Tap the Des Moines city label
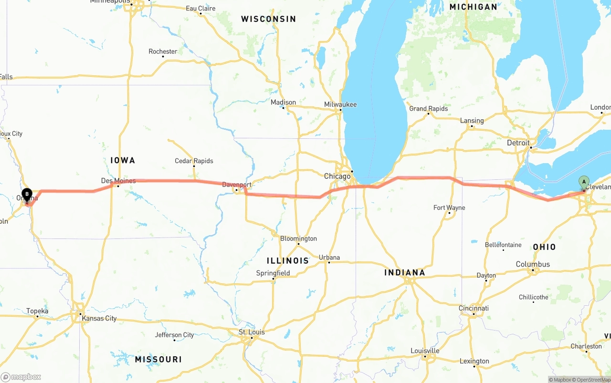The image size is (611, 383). point(118,181)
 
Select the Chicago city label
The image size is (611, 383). point(337,176)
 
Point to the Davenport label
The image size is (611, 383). point(237,185)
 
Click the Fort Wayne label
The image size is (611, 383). point(449,207)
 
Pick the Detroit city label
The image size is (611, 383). point(518,143)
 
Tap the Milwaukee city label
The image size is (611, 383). point(340,104)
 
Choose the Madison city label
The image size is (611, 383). point(283,102)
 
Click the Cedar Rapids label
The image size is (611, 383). point(194,161)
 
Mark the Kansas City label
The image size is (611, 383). point(99,318)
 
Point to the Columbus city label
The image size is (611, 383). point(533,264)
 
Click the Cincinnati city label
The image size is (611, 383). point(474,308)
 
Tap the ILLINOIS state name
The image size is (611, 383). point(288,261)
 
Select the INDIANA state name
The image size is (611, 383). point(404,272)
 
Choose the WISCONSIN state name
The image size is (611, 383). point(268,19)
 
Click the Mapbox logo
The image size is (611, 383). point(21,377)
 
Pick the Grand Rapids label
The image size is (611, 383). point(428,108)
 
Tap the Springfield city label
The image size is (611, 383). point(273,273)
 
